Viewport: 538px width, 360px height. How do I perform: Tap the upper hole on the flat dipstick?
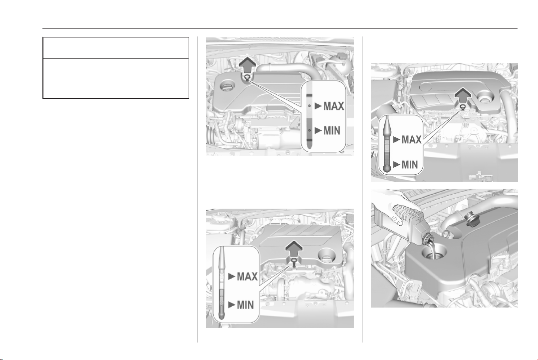tap(309, 106)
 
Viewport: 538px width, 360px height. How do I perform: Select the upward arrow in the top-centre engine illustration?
tap(247, 65)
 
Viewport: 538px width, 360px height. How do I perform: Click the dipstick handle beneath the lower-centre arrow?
tap(294, 263)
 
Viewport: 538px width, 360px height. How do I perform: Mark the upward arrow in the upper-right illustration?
tap(463, 95)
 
